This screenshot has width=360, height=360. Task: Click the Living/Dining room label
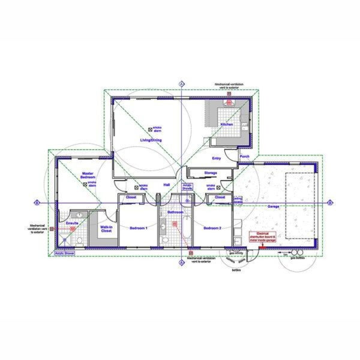click(x=151, y=140)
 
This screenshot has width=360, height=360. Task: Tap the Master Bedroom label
click(x=89, y=175)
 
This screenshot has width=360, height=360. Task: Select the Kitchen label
click(x=226, y=124)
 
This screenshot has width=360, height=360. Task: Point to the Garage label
click(x=273, y=206)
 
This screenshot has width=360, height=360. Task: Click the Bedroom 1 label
click(x=139, y=228)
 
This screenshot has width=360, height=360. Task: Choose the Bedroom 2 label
click(x=212, y=228)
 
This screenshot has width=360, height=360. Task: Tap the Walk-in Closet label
click(x=106, y=229)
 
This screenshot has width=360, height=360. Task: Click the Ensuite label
click(x=72, y=223)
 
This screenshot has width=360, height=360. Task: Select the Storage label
click(x=210, y=173)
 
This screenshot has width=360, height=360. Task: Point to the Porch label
click(x=244, y=157)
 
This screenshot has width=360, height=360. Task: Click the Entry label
click(x=217, y=159)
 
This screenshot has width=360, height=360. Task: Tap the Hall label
click(x=167, y=185)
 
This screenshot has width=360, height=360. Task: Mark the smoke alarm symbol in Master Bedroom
click(x=85, y=184)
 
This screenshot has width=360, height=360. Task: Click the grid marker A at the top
click(x=181, y=83)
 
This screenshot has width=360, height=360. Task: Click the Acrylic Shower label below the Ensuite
click(x=64, y=253)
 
